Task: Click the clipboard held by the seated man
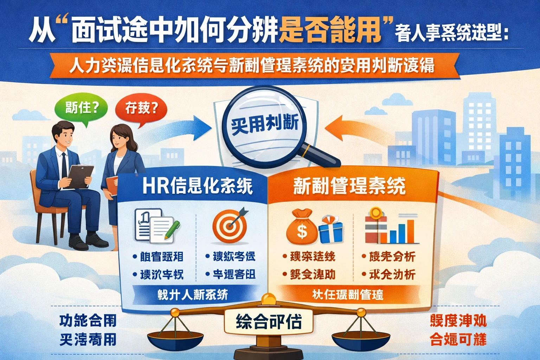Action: coord(81,176)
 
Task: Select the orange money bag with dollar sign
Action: coord(302,227)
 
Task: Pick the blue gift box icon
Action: coord(330,230)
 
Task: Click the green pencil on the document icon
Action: coord(171,229)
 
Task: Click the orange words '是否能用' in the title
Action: coord(330,30)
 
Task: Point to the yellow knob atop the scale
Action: coord(269,298)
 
